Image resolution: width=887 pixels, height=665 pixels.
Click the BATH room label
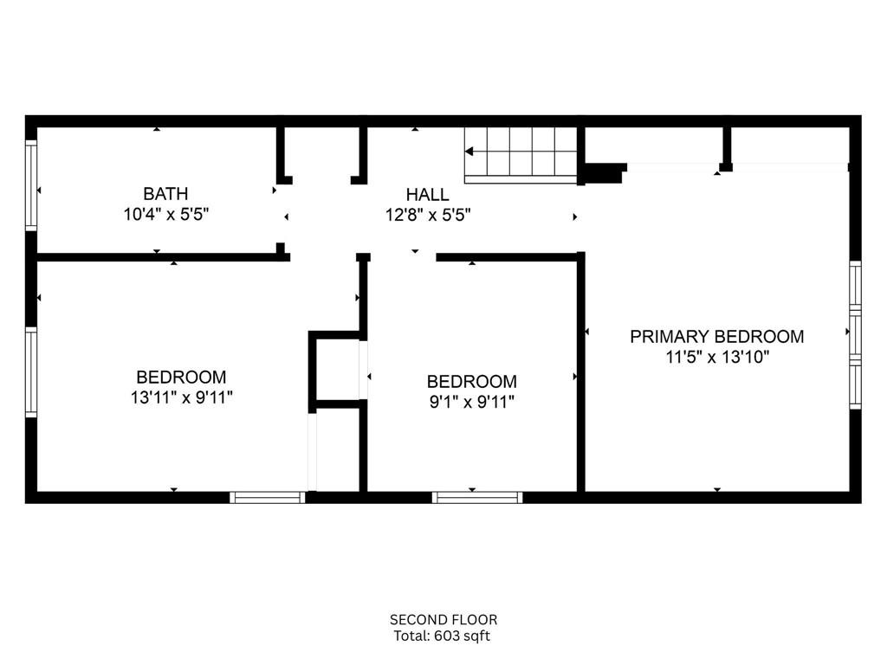pyautogui.click(x=165, y=194)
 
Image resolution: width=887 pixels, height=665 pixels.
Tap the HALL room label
pyautogui.click(x=428, y=195)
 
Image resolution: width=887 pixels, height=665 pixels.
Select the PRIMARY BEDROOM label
pyautogui.click(x=716, y=337)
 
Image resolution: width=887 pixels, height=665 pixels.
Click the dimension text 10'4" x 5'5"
pyautogui.click(x=166, y=215)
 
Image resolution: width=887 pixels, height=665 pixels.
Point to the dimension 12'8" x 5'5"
pyautogui.click(x=428, y=216)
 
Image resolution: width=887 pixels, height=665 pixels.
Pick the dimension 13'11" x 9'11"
pyautogui.click(x=182, y=398)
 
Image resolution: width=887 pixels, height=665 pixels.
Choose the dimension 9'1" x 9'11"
pyautogui.click(x=472, y=403)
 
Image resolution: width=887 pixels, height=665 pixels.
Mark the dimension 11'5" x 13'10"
pyautogui.click(x=717, y=358)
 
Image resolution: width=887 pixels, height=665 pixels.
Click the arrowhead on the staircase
pyautogui.click(x=469, y=152)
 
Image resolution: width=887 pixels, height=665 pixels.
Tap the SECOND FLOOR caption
pyautogui.click(x=443, y=620)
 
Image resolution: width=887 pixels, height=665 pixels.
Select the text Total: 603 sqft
pyautogui.click(x=442, y=636)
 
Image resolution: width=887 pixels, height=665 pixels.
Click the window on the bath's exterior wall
pyautogui.click(x=31, y=185)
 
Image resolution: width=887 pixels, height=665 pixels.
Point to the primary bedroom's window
pyautogui.click(x=855, y=335)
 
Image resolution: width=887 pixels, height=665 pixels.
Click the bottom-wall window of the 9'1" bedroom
pyautogui.click(x=477, y=498)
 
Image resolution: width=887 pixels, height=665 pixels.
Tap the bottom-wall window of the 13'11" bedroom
pyautogui.click(x=268, y=498)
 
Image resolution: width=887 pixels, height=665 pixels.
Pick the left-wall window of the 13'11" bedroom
pyautogui.click(x=31, y=372)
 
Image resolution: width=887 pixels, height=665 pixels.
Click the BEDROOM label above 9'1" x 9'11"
pyautogui.click(x=472, y=382)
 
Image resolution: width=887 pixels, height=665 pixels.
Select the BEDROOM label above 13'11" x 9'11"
pyautogui.click(x=182, y=378)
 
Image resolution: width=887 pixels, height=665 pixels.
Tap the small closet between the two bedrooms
pyautogui.click(x=337, y=370)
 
